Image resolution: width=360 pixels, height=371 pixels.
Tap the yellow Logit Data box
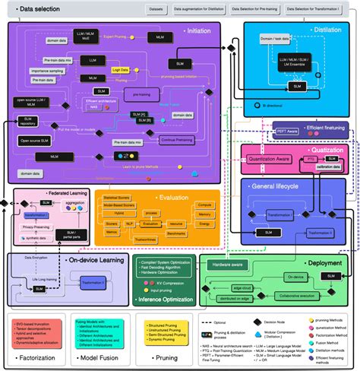pyautogui.click(x=120, y=68)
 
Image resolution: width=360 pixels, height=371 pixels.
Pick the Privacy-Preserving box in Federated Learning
pyautogui.click(x=38, y=227)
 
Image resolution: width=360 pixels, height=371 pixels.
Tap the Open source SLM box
pyautogui.click(x=35, y=141)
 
